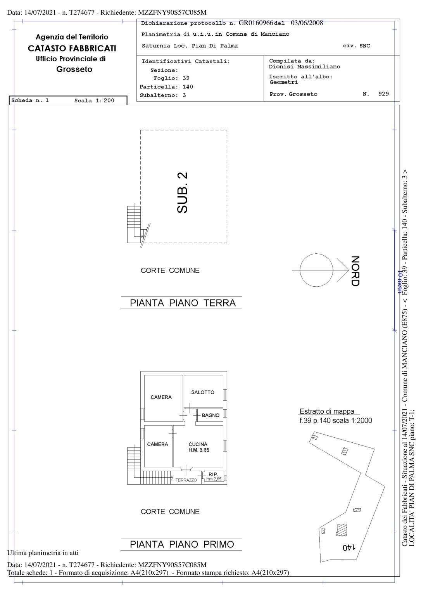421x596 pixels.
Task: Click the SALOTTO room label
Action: click(202, 392)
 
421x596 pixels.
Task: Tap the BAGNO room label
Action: click(210, 415)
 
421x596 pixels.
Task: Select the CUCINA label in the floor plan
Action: click(198, 444)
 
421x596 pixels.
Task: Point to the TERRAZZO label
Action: click(186, 480)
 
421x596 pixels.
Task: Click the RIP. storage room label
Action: click(213, 474)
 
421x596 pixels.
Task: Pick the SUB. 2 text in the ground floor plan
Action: click(182, 192)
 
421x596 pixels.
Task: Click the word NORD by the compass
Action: click(355, 271)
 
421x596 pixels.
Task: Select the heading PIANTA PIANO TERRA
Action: click(183, 303)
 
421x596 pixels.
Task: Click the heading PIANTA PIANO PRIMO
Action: click(182, 544)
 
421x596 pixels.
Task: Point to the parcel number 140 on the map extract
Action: click(349, 547)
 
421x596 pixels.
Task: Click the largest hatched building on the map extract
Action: click(342, 530)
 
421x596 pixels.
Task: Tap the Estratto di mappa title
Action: click(327, 411)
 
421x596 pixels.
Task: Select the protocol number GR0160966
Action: click(256, 23)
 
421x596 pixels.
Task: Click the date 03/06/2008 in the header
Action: click(307, 23)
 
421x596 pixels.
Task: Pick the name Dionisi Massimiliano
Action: click(304, 66)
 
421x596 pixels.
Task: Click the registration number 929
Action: click(383, 94)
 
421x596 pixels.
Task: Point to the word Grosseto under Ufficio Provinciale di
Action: click(74, 69)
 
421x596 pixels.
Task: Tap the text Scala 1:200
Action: click(94, 100)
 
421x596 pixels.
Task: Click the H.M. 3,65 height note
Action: click(199, 450)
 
